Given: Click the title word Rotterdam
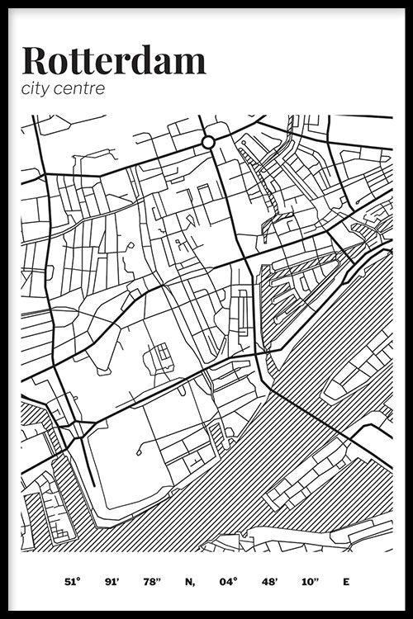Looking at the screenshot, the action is [114, 60].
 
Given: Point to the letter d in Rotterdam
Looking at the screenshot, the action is [153, 60].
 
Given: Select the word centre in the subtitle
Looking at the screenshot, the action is [80, 88].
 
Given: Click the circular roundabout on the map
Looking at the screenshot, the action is [208, 143].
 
